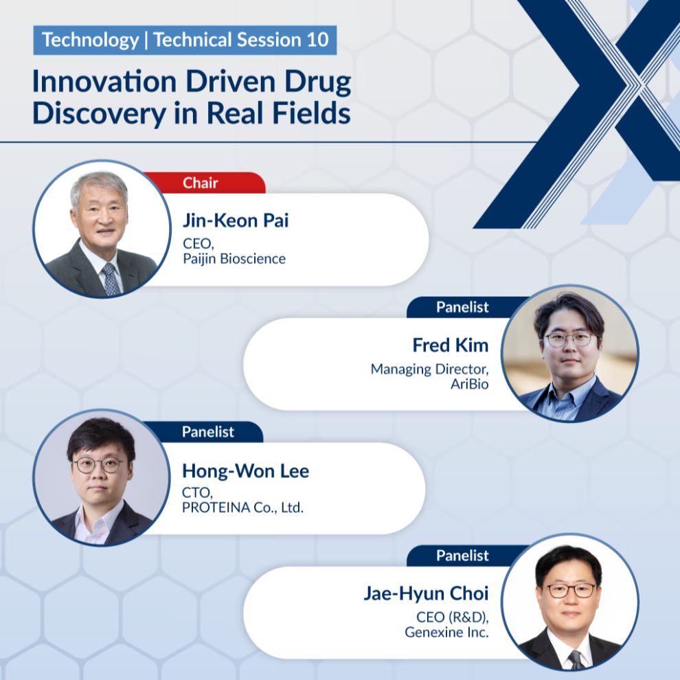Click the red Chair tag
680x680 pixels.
[204, 183]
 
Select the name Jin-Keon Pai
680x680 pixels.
[236, 220]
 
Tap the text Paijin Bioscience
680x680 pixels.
[234, 259]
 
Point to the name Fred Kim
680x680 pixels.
[450, 345]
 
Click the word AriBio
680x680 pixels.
[469, 384]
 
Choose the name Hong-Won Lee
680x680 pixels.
[245, 471]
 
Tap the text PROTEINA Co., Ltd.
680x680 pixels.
[242, 508]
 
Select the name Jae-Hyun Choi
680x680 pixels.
[426, 593]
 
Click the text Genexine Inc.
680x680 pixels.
[446, 633]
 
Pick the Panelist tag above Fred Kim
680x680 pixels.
[462, 307]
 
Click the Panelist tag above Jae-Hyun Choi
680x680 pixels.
[462, 556]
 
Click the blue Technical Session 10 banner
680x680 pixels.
[185, 40]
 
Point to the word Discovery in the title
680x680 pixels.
[99, 113]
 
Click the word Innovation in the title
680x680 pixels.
[104, 81]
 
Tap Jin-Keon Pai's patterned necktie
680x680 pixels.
[111, 279]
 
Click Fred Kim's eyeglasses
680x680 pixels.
[570, 339]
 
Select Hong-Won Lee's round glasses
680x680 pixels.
[98, 465]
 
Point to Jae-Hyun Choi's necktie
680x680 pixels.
[576, 659]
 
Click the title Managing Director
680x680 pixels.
[429, 369]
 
